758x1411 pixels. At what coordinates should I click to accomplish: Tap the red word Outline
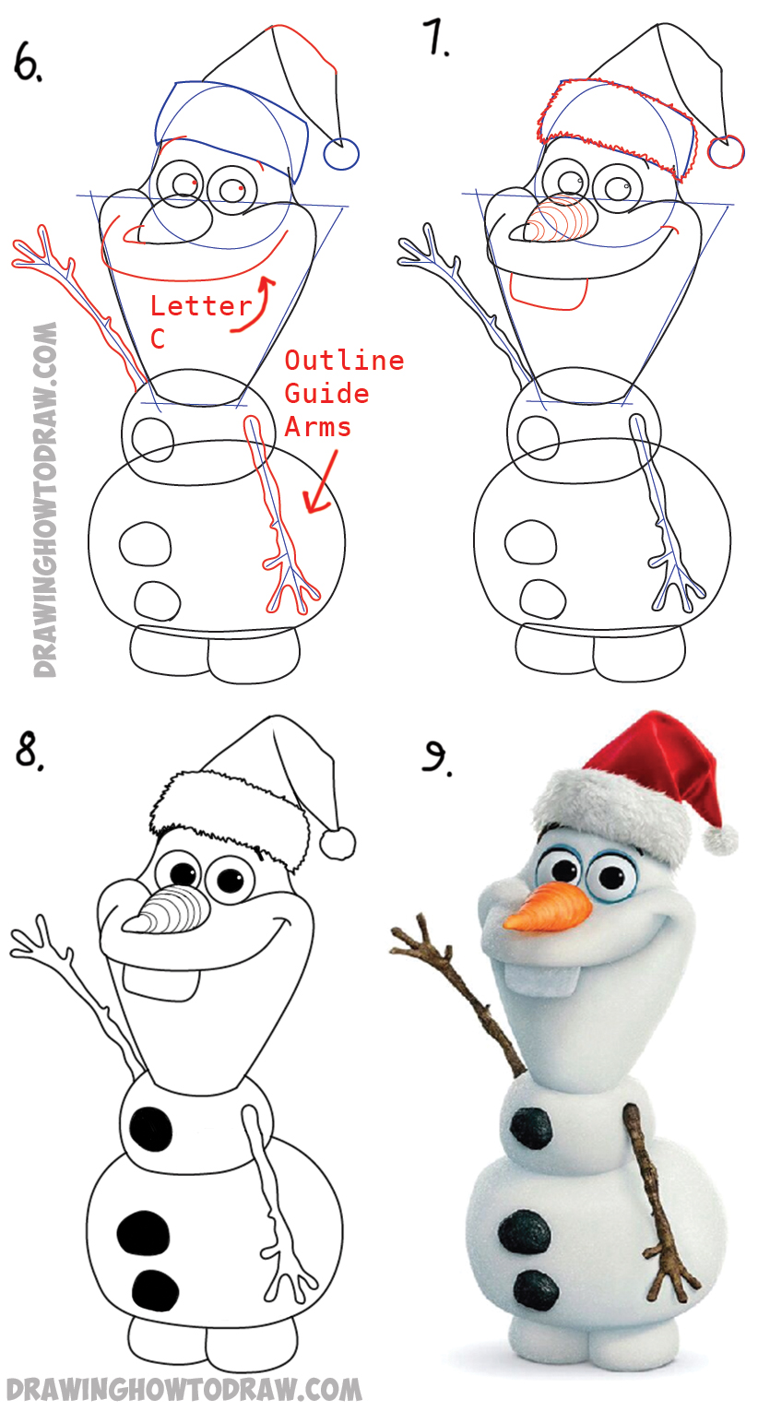(x=344, y=360)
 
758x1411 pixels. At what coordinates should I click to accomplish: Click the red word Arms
(x=317, y=426)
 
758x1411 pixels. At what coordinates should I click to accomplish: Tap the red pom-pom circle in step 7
(x=726, y=152)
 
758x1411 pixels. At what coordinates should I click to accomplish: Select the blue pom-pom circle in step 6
(x=341, y=153)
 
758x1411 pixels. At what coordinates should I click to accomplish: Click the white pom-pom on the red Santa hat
(x=719, y=839)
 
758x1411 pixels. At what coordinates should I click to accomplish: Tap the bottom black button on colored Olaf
(x=537, y=1288)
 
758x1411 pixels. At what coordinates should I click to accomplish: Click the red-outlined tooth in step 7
(x=549, y=292)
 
